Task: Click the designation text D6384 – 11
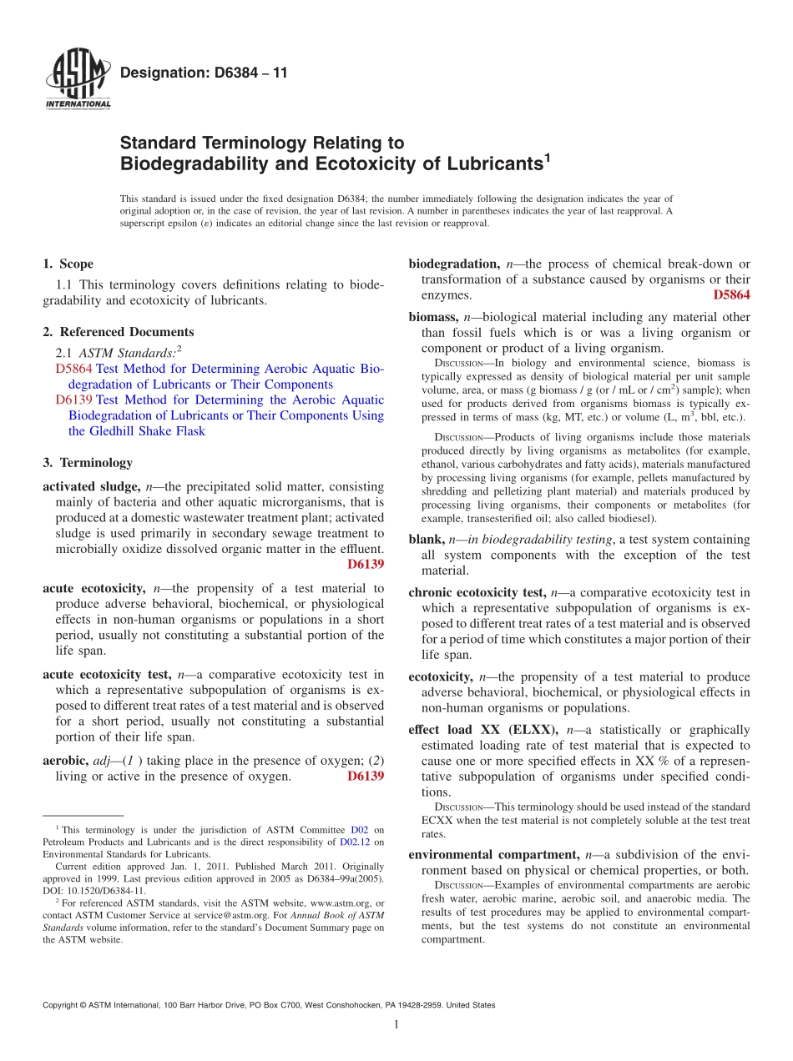[204, 73]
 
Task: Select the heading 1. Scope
[68, 264]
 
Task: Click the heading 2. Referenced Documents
[118, 332]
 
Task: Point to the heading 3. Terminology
[87, 462]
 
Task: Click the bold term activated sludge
[91, 486]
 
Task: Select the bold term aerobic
[64, 761]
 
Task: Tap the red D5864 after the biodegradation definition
[731, 295]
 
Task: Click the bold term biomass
[432, 318]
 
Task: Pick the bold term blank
[425, 540]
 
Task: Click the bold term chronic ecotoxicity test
[477, 593]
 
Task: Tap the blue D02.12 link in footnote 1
[355, 842]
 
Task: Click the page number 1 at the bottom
[396, 1024]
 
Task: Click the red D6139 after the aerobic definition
[365, 777]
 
